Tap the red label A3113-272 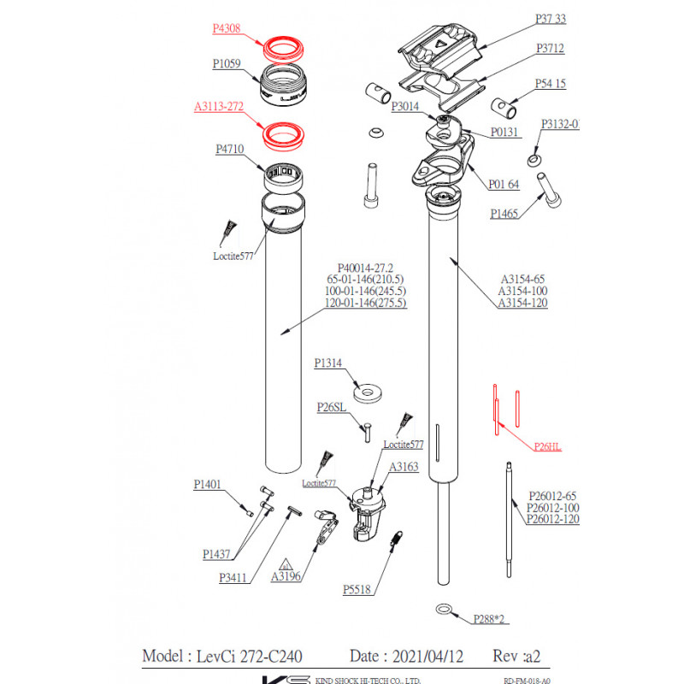click(219, 108)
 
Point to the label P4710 click(228, 150)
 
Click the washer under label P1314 click(369, 392)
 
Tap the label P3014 click(405, 107)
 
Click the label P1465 click(504, 215)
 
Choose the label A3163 click(404, 468)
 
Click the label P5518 click(357, 589)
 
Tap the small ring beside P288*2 click(444, 609)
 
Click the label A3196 click(286, 576)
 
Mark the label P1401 click(208, 485)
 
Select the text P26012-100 click(552, 507)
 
